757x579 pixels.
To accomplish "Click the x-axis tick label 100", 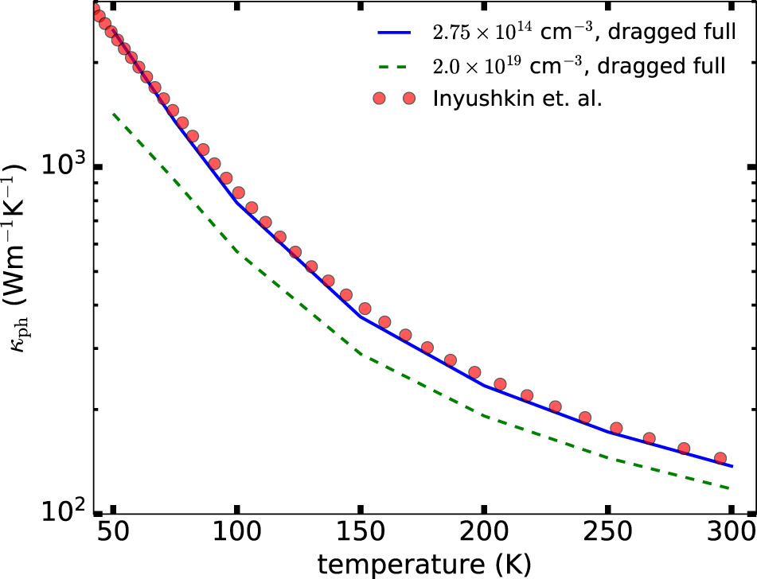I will pyautogui.click(x=236, y=531).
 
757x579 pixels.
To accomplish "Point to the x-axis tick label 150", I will pyautogui.click(x=360, y=531).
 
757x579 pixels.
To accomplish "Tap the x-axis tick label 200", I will pyautogui.click(x=483, y=531).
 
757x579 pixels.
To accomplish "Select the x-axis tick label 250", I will pyautogui.click(x=607, y=531).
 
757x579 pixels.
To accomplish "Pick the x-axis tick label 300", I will pyautogui.click(x=730, y=531).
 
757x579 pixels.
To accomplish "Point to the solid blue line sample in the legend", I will pyautogui.click(x=393, y=33).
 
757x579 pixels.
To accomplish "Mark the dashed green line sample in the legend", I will pyautogui.click(x=393, y=67).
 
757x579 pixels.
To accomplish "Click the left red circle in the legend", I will pyautogui.click(x=379, y=99).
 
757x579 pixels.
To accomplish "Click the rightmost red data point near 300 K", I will pyautogui.click(x=720, y=458).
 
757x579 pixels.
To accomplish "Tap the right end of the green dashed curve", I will pyautogui.click(x=730, y=488).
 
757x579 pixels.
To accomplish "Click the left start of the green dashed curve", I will pyautogui.click(x=113, y=114).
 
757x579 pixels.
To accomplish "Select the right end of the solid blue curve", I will pyautogui.click(x=730, y=466).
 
